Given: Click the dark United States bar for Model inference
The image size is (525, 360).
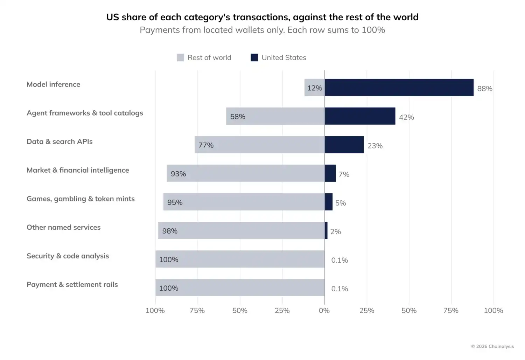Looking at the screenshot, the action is [399, 88].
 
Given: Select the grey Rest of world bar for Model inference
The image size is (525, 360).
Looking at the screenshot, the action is [315, 88].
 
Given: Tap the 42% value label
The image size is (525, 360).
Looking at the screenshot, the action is [406, 117].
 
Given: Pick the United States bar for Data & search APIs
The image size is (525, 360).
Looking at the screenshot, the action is [344, 145].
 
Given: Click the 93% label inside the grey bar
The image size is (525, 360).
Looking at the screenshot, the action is [178, 174].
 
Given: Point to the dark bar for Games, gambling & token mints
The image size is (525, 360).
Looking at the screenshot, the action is [329, 202].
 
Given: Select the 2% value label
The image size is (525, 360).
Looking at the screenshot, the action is [335, 232].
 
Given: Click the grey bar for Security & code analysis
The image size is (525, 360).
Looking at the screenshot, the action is [240, 259].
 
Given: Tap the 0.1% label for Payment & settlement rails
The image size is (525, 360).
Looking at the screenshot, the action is [339, 289].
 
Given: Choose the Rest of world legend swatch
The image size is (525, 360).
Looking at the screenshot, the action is [180, 57].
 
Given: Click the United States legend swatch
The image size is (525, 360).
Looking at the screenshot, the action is [254, 57].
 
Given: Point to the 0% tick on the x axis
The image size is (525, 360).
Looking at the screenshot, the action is [324, 311].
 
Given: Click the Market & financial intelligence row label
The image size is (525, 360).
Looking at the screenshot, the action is [78, 170].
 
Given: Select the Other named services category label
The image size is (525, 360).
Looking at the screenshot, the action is [63, 227].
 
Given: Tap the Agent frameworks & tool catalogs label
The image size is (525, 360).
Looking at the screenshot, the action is [85, 113].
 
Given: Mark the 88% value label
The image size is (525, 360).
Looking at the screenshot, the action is [485, 89].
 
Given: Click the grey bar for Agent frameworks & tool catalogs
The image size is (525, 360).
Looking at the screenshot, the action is [275, 116].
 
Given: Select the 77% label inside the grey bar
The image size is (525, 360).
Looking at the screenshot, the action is [206, 145].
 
